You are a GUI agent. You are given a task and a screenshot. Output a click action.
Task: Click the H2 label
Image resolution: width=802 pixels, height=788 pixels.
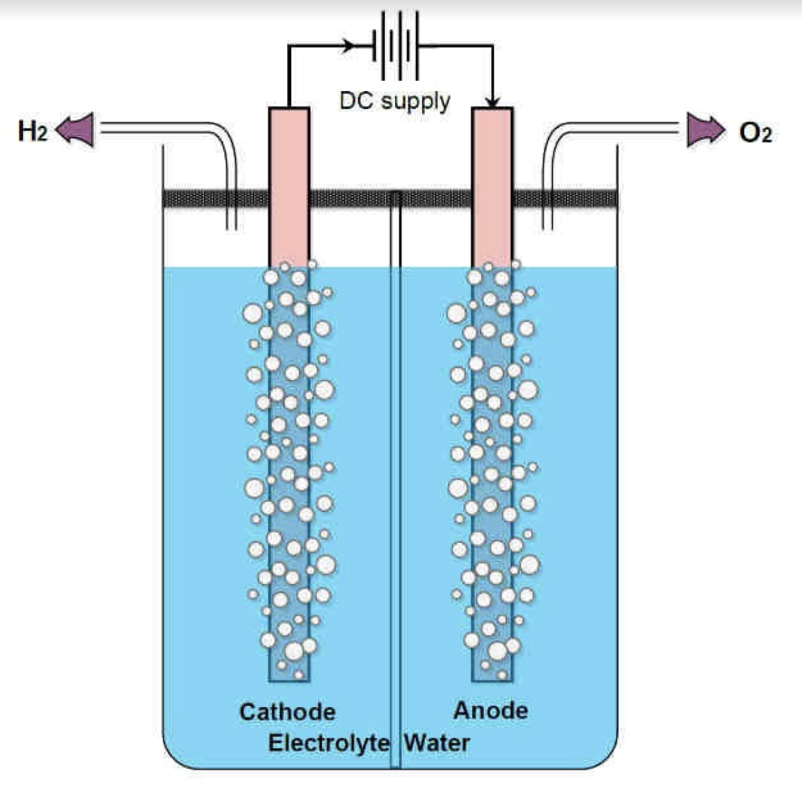(32, 130)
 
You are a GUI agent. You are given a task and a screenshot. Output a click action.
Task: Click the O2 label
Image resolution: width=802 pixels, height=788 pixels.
(755, 132)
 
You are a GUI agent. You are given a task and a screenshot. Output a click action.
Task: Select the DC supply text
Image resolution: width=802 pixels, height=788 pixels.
(395, 101)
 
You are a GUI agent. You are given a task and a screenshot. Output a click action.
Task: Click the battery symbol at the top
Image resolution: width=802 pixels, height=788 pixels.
(395, 46)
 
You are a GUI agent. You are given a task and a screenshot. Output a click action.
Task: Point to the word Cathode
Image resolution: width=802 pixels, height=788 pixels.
(287, 712)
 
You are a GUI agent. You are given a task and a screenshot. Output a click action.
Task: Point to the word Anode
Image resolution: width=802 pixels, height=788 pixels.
(490, 710)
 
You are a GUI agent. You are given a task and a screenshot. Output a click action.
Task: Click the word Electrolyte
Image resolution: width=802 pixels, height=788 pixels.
(328, 743)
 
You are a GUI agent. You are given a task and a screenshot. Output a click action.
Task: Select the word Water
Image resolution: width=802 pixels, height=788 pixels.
(437, 743)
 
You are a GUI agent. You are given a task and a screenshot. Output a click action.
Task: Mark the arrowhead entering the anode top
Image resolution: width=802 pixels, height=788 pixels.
(492, 102)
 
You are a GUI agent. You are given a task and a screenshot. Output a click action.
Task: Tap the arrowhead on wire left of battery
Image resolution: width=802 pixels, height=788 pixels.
(349, 46)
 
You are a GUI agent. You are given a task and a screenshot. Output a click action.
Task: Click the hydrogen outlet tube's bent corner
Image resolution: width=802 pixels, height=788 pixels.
(224, 134)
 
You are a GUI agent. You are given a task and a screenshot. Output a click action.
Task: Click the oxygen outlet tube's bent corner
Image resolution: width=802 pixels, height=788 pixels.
(554, 134)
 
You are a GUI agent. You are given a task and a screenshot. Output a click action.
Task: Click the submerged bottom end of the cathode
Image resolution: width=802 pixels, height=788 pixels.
(289, 670)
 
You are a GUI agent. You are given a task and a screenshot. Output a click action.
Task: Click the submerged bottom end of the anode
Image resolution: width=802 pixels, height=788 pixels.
(492, 670)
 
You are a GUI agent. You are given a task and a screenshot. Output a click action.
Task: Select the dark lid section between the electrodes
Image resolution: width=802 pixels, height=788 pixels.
(351, 199)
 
